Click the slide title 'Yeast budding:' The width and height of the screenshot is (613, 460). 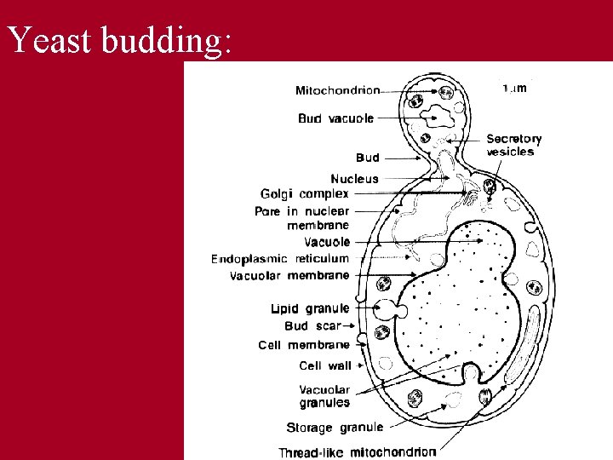pyautogui.click(x=119, y=40)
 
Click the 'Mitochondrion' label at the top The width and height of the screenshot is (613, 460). pyautogui.click(x=338, y=90)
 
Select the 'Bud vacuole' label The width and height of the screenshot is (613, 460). pyautogui.click(x=335, y=118)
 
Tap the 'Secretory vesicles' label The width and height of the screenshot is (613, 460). pyautogui.click(x=513, y=146)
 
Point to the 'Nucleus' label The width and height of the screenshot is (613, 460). pyautogui.click(x=354, y=179)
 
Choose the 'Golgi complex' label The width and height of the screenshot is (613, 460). pyautogui.click(x=304, y=194)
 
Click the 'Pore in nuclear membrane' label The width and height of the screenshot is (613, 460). pyautogui.click(x=301, y=218)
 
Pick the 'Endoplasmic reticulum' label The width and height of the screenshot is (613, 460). pyautogui.click(x=280, y=258)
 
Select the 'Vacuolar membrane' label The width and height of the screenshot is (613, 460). pyautogui.click(x=289, y=275)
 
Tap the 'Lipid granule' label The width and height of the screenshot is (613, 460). pyautogui.click(x=310, y=308)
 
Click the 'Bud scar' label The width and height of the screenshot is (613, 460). pyautogui.click(x=312, y=326)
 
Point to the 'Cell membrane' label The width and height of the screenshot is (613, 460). pyautogui.click(x=304, y=345)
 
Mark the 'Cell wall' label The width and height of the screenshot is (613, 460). pyautogui.click(x=324, y=365)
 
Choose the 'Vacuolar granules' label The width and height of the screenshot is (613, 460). pyautogui.click(x=324, y=396)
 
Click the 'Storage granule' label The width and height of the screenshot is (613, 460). pyautogui.click(x=335, y=427)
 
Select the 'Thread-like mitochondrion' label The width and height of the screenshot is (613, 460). pyautogui.click(x=358, y=451)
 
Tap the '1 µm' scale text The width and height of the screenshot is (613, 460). pyautogui.click(x=514, y=88)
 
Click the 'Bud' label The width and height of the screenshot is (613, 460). pyautogui.click(x=367, y=158)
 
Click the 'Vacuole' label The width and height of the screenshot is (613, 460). pyautogui.click(x=327, y=242)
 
